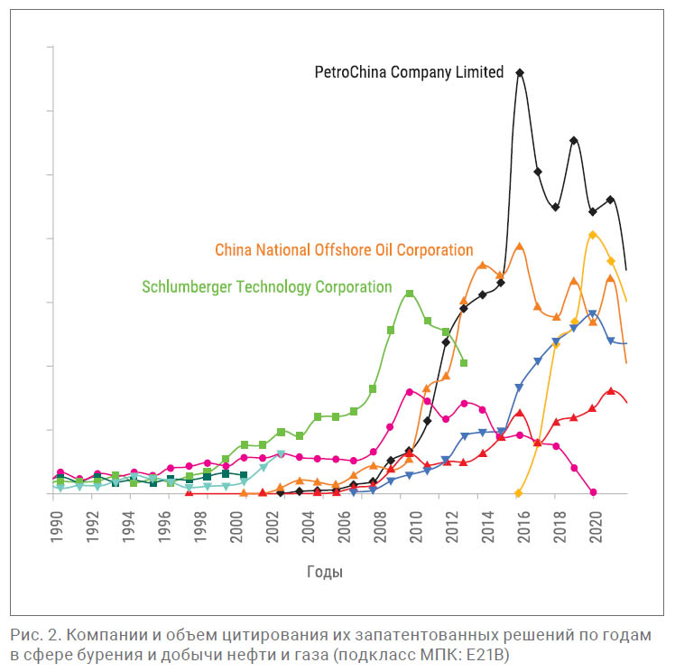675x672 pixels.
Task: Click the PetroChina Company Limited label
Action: coord(409,73)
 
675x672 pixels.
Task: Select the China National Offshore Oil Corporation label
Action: coord(344,250)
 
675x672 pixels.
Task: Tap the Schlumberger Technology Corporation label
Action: coord(267,287)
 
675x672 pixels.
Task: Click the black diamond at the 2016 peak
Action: coord(520,72)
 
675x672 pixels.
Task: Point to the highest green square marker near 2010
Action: coord(410,294)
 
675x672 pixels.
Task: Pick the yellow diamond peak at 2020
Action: coord(592,235)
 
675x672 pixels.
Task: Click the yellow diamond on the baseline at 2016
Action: coord(519,493)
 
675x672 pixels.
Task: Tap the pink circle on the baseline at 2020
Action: coord(593,492)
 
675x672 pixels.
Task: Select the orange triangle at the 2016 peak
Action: coord(520,246)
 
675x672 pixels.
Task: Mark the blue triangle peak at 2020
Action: coord(593,314)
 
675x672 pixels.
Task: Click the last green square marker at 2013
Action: coord(464,363)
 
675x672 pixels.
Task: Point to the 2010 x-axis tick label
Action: coord(416,525)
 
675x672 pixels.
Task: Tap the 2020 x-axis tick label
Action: coord(596,525)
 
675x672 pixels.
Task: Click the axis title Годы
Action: coord(326,572)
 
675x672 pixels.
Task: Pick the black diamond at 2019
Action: coord(574,140)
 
